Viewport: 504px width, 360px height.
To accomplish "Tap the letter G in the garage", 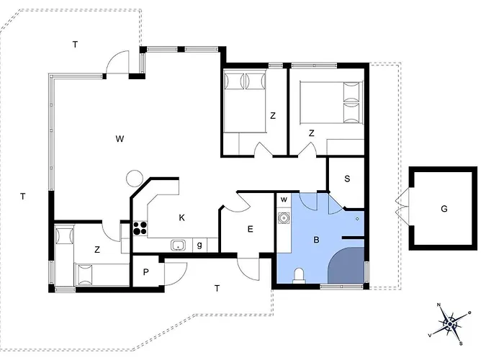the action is pyautogui.click(x=444, y=209).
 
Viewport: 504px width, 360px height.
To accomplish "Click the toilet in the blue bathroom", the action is pyautogui.click(x=299, y=276).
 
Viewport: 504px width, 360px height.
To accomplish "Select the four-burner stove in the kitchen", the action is pyautogui.click(x=140, y=228).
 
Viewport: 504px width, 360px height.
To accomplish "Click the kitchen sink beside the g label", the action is pyautogui.click(x=178, y=246).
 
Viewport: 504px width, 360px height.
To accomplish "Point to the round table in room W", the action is pyautogui.click(x=135, y=179).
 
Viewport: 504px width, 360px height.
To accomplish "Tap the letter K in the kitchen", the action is pyautogui.click(x=181, y=218).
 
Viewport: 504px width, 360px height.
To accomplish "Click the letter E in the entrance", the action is pyautogui.click(x=250, y=229).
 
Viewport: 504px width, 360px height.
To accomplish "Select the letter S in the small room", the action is pyautogui.click(x=347, y=179).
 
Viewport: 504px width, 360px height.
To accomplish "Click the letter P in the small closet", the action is pyautogui.click(x=146, y=272).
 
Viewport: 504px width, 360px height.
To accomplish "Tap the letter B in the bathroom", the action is pyautogui.click(x=316, y=240).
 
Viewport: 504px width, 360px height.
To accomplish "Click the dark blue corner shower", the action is pyautogui.click(x=346, y=266).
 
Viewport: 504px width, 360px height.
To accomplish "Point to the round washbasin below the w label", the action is pyautogui.click(x=284, y=218).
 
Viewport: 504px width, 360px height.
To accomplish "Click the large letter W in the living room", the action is pyautogui.click(x=120, y=139).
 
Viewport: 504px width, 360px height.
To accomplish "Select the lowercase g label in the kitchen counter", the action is pyautogui.click(x=199, y=246).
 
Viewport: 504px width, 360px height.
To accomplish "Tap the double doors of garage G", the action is pyautogui.click(x=402, y=208).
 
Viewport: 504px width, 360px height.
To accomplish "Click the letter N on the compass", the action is pyautogui.click(x=438, y=305).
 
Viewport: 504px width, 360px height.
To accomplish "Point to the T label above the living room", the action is pyautogui.click(x=75, y=45).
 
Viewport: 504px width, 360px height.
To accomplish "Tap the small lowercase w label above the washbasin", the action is pyautogui.click(x=284, y=199).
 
